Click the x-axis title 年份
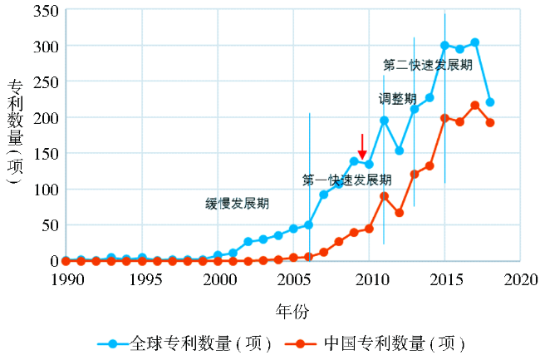pyautogui.click(x=292, y=311)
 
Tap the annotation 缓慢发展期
pyautogui.click(x=238, y=203)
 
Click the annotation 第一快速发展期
pyautogui.click(x=346, y=180)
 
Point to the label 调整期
pyautogui.click(x=398, y=99)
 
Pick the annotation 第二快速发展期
pyautogui.click(x=428, y=65)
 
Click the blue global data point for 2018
pyautogui.click(x=490, y=102)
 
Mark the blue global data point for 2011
pyautogui.click(x=384, y=121)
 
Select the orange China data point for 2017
pyautogui.click(x=475, y=105)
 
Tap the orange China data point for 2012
pyautogui.click(x=399, y=213)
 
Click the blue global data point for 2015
pyautogui.click(x=444, y=46)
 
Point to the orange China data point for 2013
pyautogui.click(x=415, y=174)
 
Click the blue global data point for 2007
pyautogui.click(x=323, y=195)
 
